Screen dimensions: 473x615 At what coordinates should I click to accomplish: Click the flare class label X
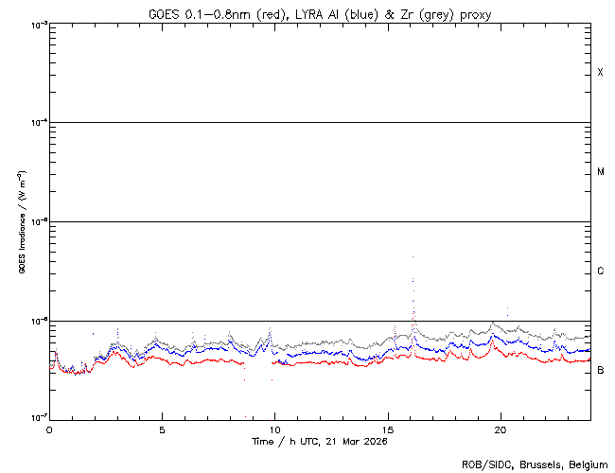click(601, 73)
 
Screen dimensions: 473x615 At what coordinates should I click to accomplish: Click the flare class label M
click(601, 172)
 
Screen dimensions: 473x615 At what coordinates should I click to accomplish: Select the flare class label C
click(601, 272)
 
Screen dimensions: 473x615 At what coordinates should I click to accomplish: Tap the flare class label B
click(601, 370)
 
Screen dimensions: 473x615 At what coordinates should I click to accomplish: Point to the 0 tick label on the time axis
click(49, 429)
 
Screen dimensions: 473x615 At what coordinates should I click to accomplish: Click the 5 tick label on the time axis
click(162, 429)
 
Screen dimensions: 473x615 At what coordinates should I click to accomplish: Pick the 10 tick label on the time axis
click(275, 429)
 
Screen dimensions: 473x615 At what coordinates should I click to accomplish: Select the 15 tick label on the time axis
click(388, 429)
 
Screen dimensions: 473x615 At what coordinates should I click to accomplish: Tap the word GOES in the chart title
click(164, 14)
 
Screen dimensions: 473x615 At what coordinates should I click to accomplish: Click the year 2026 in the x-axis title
click(372, 442)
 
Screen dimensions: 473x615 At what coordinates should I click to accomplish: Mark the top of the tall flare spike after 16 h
click(413, 256)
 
